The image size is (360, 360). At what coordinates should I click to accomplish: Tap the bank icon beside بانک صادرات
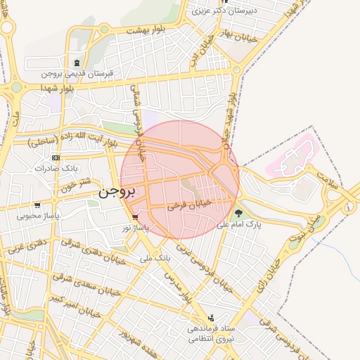pyautogui.click(x=56, y=158)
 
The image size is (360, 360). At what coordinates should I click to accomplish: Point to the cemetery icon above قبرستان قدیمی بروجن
pyautogui.click(x=76, y=63)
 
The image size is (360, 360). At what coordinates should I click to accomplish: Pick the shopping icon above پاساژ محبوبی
pyautogui.click(x=37, y=205)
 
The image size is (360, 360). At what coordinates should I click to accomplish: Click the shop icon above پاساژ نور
pyautogui.click(x=134, y=218)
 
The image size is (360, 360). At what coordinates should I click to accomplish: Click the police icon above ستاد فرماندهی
pyautogui.click(x=210, y=318)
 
